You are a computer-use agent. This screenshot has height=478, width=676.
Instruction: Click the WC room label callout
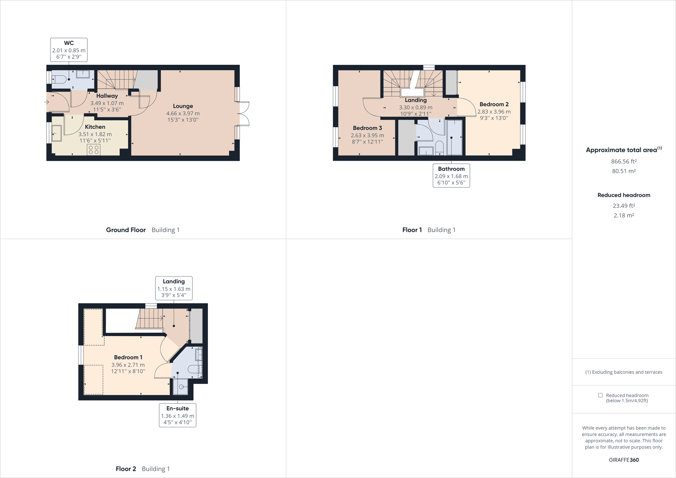click(x=69, y=50)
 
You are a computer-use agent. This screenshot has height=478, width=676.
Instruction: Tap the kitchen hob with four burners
click(x=94, y=150)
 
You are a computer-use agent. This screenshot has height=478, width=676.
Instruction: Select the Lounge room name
click(x=183, y=106)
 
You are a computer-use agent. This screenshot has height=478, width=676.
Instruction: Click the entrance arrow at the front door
click(x=46, y=102)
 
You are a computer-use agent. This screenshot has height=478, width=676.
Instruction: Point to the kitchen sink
click(x=57, y=134)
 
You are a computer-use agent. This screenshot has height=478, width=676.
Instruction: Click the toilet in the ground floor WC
click(x=60, y=79)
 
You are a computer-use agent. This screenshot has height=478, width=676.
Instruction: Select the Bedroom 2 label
click(x=494, y=104)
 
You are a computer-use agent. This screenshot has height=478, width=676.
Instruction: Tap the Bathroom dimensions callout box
click(x=451, y=176)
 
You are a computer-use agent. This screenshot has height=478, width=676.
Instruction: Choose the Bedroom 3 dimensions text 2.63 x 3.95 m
click(x=367, y=135)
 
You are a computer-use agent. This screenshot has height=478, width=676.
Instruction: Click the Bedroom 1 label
click(x=128, y=357)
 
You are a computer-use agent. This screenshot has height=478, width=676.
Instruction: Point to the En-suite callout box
click(x=177, y=415)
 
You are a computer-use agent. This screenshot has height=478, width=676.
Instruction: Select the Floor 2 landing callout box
click(x=174, y=288)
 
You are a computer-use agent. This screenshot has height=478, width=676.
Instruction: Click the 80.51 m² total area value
click(x=624, y=171)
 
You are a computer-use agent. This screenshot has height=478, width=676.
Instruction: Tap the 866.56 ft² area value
click(x=624, y=161)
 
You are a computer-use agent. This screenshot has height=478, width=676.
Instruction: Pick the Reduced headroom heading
click(x=624, y=195)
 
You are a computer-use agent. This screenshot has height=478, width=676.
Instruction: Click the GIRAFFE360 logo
click(x=624, y=460)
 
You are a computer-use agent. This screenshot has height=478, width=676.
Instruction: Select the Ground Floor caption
click(x=126, y=230)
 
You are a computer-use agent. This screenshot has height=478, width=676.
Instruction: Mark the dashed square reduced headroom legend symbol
click(x=600, y=395)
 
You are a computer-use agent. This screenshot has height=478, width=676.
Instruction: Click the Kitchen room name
click(x=95, y=127)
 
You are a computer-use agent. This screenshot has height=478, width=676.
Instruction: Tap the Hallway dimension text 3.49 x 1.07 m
click(x=107, y=103)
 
